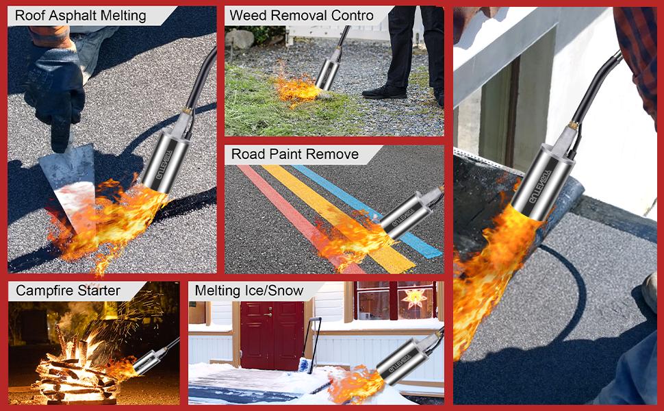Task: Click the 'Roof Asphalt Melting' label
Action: (x=81, y=16)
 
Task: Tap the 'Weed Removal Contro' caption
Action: (x=301, y=16)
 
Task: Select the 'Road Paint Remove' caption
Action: (x=294, y=154)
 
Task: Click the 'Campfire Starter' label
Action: (x=68, y=290)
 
